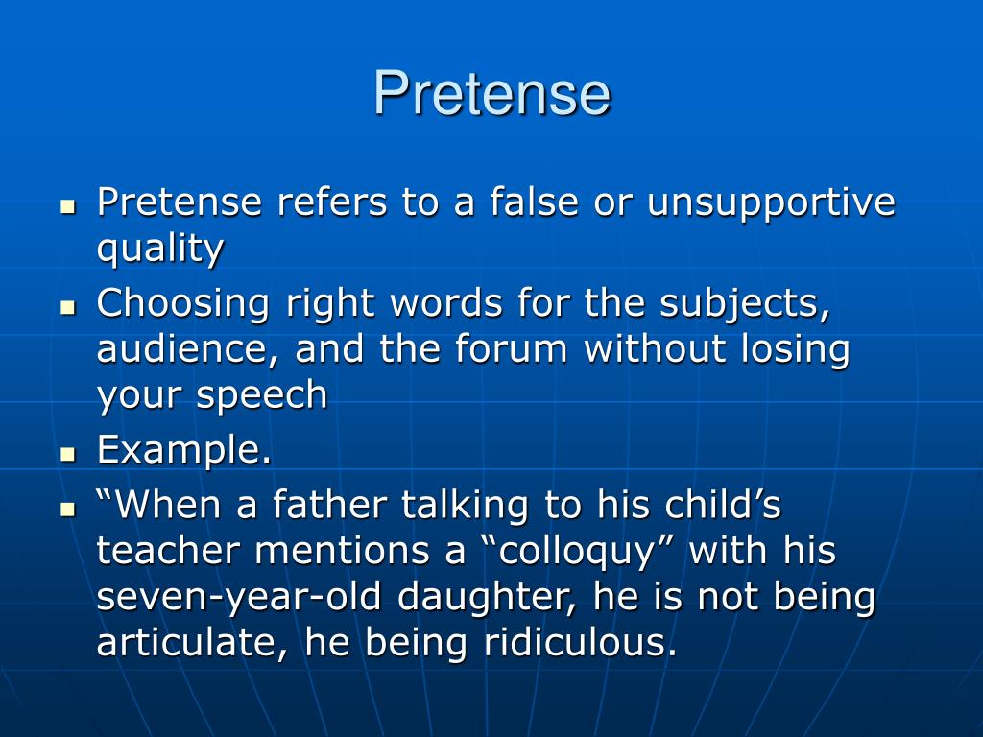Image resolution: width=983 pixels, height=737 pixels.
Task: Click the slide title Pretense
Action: pyautogui.click(x=491, y=94)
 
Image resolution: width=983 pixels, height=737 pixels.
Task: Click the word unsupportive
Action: pyautogui.click(x=771, y=202)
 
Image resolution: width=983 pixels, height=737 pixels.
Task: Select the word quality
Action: pyautogui.click(x=160, y=250)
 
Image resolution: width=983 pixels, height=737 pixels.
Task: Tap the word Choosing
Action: pyautogui.click(x=183, y=304)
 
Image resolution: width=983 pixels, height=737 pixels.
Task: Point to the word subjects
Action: pyautogui.click(x=744, y=304)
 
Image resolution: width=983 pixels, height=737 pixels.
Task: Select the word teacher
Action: pyautogui.click(x=169, y=551)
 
